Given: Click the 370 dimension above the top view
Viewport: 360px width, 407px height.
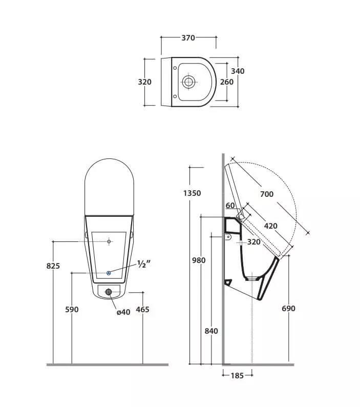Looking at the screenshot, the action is pos(188,38).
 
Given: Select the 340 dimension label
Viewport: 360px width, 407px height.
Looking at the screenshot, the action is pos(238,71).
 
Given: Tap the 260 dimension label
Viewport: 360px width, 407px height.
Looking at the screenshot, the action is pos(227,82).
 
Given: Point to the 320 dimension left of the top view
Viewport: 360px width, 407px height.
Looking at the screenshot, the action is pos(144,82).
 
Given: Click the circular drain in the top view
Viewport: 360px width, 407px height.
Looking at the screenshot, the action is pos(188,82).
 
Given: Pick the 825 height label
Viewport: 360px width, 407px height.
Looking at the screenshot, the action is pos(53,266).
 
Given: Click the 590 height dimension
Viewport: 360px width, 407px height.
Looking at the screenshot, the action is pos(72,310).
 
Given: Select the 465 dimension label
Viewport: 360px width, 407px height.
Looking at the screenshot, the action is pos(142,310).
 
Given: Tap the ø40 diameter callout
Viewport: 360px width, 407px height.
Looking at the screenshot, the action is pos(123,312).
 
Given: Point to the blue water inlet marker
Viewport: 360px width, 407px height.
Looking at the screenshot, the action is pos(109,273).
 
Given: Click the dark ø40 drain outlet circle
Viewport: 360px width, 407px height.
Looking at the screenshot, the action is pos(109,292).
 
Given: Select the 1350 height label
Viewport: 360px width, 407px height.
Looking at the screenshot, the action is pos(192,193).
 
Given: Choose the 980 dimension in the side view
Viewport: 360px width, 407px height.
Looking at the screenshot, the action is pos(199,260).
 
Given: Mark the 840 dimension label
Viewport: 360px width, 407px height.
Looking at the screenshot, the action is pos(211,331).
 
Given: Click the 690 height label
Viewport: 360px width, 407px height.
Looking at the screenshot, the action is pos(288,309).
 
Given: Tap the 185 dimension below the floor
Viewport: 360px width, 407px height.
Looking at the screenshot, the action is pos(237,376).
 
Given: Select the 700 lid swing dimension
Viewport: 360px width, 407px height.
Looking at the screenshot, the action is pos(267,194).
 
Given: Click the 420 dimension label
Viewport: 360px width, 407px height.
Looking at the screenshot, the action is pos(270,226).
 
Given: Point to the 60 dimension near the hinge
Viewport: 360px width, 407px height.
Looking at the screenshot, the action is pos(230,206).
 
